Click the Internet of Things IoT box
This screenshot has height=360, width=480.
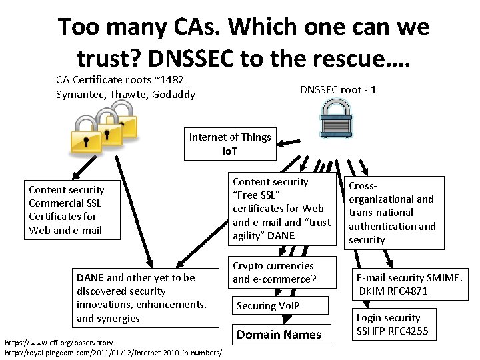click(x=230, y=145)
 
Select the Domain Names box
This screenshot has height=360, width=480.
click(x=279, y=335)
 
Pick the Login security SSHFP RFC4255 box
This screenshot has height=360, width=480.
click(x=393, y=325)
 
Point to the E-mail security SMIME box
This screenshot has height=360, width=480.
click(x=409, y=285)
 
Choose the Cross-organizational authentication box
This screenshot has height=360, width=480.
click(x=393, y=213)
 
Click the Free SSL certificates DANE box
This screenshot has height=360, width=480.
click(x=281, y=209)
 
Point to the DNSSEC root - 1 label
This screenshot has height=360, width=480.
click(x=338, y=89)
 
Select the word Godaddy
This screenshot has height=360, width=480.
click(x=174, y=95)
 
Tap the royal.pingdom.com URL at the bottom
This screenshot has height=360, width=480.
click(x=113, y=351)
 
